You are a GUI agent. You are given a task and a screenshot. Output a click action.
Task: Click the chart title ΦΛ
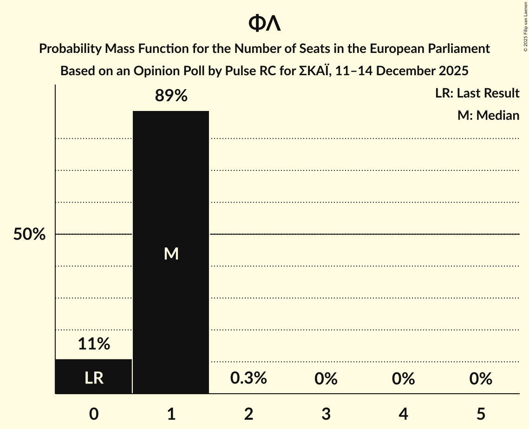tap(264, 23)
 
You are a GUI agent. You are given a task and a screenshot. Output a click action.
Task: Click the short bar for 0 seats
tap(93, 376)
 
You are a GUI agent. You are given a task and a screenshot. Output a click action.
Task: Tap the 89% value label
tap(171, 96)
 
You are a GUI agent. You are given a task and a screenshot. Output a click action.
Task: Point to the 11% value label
tap(93, 344)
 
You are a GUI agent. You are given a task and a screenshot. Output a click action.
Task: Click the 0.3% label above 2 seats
tap(248, 378)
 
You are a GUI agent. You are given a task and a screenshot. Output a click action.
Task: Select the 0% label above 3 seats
tap(326, 379)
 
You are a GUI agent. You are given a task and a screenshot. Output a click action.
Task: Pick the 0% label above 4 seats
tap(403, 379)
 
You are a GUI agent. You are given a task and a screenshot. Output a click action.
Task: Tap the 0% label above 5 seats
tap(480, 379)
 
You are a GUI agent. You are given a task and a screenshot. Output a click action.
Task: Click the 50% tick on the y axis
tap(29, 234)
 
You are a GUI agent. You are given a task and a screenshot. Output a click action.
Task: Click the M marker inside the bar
tap(171, 253)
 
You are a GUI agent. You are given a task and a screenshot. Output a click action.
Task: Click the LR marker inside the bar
tap(93, 378)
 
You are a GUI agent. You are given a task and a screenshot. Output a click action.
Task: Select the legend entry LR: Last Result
tap(477, 93)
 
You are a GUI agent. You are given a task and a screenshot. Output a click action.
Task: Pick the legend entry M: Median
tap(488, 115)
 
